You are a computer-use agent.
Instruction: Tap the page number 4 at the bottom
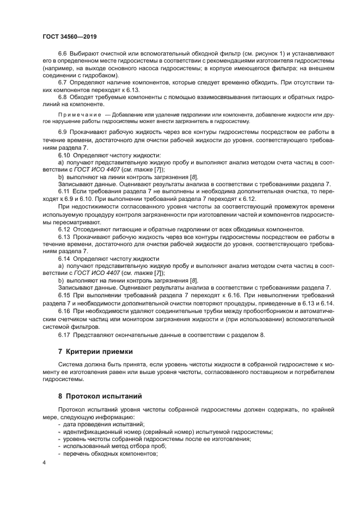(x=44, y=462)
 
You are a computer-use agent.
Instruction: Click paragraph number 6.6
(x=62, y=53)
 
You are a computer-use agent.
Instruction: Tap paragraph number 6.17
(x=64, y=334)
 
